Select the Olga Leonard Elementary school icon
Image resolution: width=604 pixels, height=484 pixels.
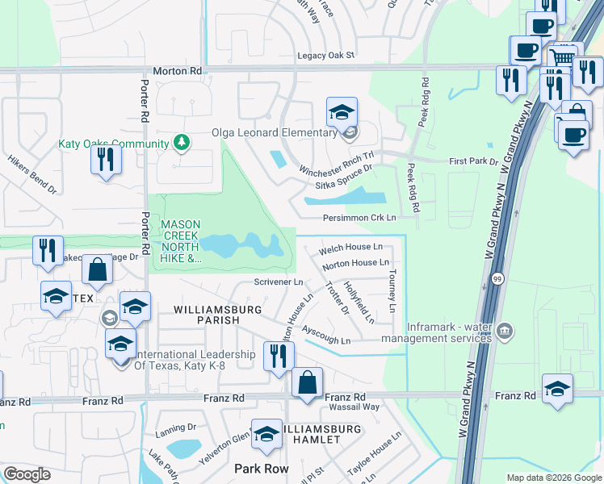[x=342, y=111]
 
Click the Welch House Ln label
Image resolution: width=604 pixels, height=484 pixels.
[x=351, y=248]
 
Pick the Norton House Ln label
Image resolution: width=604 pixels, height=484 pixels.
[x=355, y=264]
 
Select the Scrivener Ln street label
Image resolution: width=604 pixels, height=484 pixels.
[x=278, y=282]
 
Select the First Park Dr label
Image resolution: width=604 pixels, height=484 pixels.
[x=473, y=161]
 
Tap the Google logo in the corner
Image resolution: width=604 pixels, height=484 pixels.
[x=27, y=474]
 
